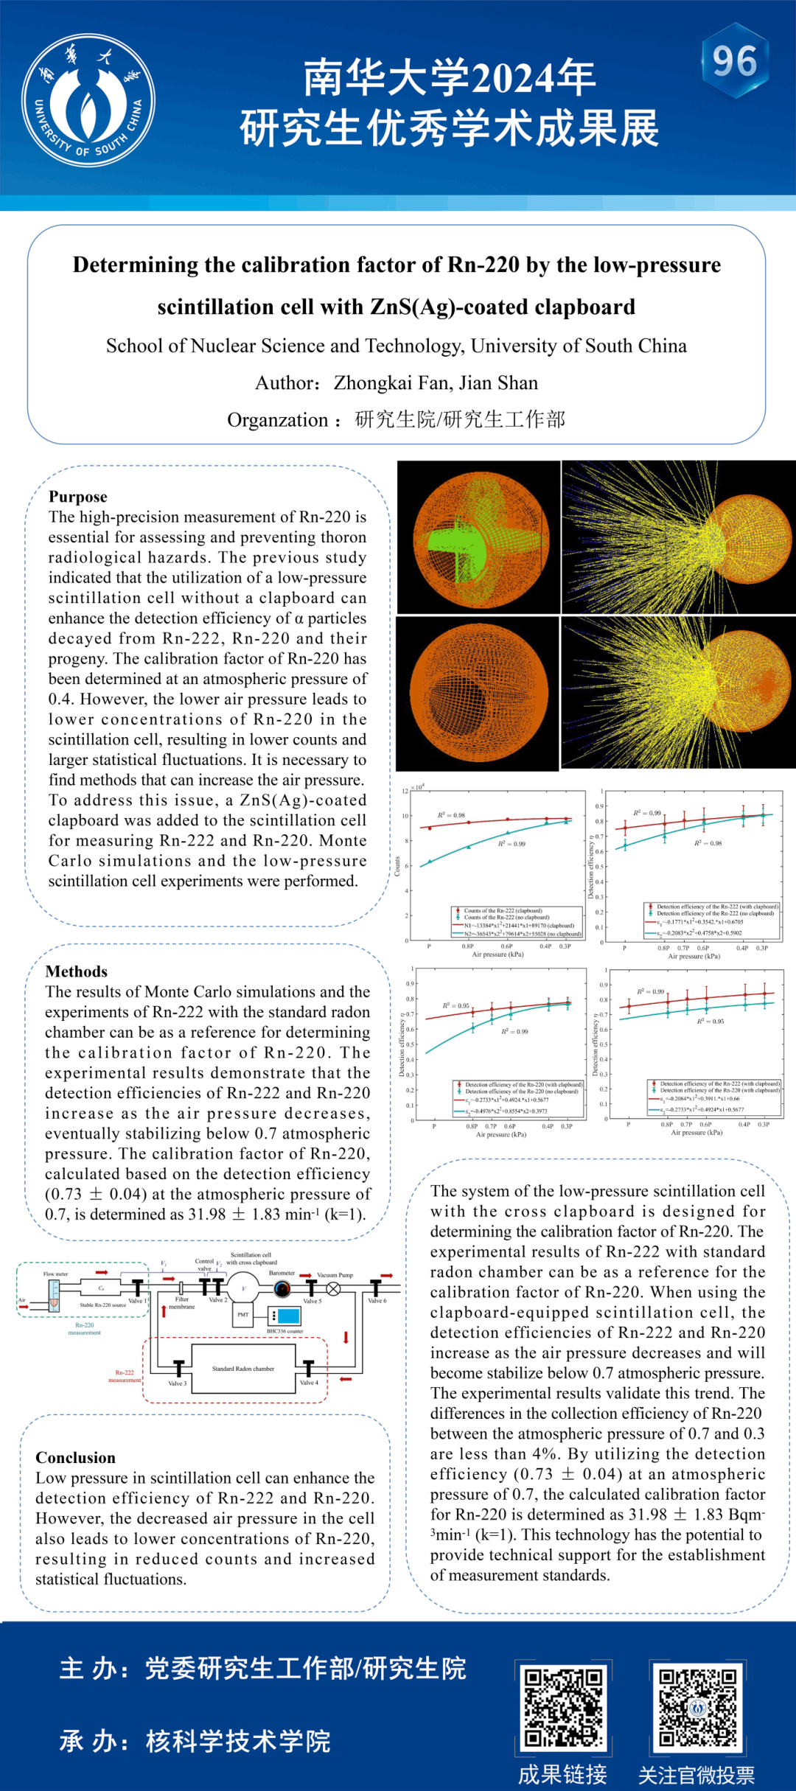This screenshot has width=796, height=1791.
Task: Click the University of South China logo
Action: pyautogui.click(x=88, y=100)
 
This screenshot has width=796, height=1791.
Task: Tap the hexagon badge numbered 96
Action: pyautogui.click(x=735, y=61)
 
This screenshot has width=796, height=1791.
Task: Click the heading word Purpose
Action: pyautogui.click(x=78, y=497)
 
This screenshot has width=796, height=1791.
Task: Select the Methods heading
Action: pyautogui.click(x=76, y=971)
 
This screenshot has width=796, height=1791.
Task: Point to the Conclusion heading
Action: pyautogui.click(x=75, y=1458)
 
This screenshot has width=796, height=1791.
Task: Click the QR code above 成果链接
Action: pyautogui.click(x=563, y=1708)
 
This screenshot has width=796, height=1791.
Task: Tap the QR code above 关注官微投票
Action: pyautogui.click(x=697, y=1708)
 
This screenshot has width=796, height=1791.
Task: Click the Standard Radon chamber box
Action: pyautogui.click(x=243, y=1369)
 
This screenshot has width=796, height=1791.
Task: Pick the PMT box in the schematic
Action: pyautogui.click(x=243, y=1315)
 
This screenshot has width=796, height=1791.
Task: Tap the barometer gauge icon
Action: pyautogui.click(x=282, y=1288)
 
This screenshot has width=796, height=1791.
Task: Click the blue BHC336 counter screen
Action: pyautogui.click(x=287, y=1316)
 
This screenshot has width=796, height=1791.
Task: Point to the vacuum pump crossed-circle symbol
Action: pyautogui.click(x=334, y=1288)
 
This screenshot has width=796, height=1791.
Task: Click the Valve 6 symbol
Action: pyautogui.click(x=376, y=1288)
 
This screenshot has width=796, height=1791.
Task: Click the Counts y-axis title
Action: pyautogui.click(x=397, y=866)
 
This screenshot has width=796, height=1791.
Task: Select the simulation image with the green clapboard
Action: pyautogui.click(x=478, y=537)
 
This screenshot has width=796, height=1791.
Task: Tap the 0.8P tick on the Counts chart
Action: pyautogui.click(x=468, y=946)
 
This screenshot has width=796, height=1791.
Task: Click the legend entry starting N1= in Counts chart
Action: pyautogui.click(x=519, y=926)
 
